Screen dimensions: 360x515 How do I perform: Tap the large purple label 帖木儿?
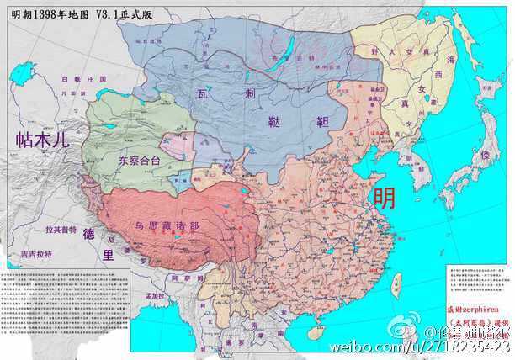[35, 141]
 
